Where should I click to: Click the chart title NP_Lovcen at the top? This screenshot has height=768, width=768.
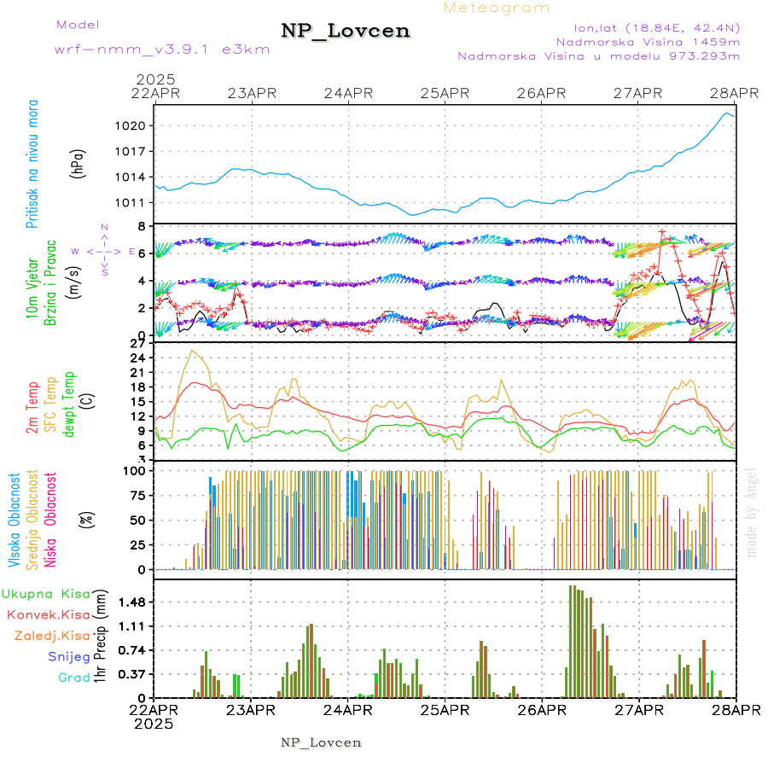point(346,32)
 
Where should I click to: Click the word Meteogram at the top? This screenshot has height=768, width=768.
point(497,8)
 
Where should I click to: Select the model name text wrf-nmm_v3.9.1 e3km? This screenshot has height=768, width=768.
point(162,49)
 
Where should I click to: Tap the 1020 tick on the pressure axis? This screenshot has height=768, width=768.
point(135,125)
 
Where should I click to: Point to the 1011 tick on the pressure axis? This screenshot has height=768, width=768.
point(135,202)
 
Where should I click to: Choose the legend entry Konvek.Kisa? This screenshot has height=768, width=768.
point(48,614)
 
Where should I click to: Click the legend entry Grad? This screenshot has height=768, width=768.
point(74,678)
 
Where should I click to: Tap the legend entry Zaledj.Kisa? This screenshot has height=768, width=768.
point(52,636)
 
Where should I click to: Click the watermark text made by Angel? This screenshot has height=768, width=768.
point(752,512)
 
